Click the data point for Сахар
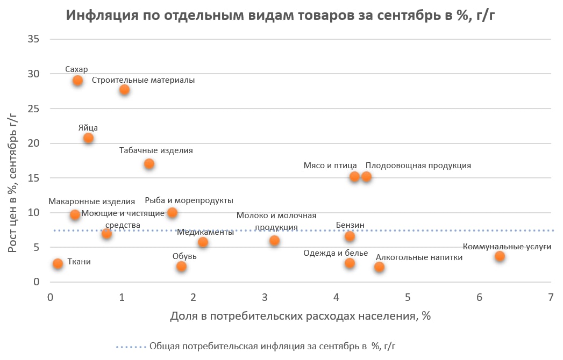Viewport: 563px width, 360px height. [77, 81]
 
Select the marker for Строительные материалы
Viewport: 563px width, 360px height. [124, 90]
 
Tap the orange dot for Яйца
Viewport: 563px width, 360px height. [88, 138]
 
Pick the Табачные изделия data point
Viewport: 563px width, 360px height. [149, 163]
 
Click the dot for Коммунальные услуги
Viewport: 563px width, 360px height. [500, 256]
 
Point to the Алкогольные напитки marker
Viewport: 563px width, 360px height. [379, 267]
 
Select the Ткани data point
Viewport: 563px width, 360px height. [58, 264]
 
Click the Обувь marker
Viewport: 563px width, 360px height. [181, 267]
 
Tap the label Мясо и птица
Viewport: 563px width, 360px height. [330, 165]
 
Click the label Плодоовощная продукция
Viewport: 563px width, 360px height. [418, 165]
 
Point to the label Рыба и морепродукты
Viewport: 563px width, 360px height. [189, 200]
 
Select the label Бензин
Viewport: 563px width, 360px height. [350, 225]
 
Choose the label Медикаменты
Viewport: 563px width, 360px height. [205, 232]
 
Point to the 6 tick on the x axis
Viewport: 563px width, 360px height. [480, 297]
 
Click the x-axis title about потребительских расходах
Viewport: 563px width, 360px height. [301, 316]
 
